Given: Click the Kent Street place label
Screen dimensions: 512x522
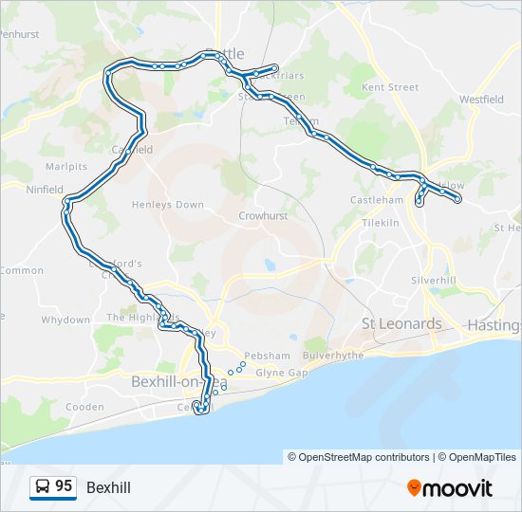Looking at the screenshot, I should [x=390, y=87].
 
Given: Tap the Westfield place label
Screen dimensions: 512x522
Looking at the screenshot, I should [x=481, y=99].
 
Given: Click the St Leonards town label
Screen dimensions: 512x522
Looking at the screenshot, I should [x=401, y=324].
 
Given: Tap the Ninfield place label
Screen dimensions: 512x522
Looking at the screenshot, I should [x=45, y=190].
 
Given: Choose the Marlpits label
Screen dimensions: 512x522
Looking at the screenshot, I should [x=66, y=166].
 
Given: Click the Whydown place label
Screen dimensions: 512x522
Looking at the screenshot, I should [x=65, y=320].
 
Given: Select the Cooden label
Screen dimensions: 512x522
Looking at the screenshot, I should [x=84, y=407].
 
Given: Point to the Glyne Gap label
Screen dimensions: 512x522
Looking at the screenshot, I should [x=281, y=374].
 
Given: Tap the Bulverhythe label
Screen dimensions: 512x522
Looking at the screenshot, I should [x=333, y=356].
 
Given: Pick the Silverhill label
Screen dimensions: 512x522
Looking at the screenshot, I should [x=434, y=281].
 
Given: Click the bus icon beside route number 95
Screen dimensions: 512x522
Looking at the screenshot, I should [x=43, y=486].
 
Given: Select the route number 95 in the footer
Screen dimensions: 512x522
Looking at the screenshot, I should [x=64, y=486].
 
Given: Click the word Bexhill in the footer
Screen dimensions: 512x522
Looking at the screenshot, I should [x=108, y=487].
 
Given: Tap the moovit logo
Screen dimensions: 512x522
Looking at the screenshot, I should [x=450, y=487].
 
